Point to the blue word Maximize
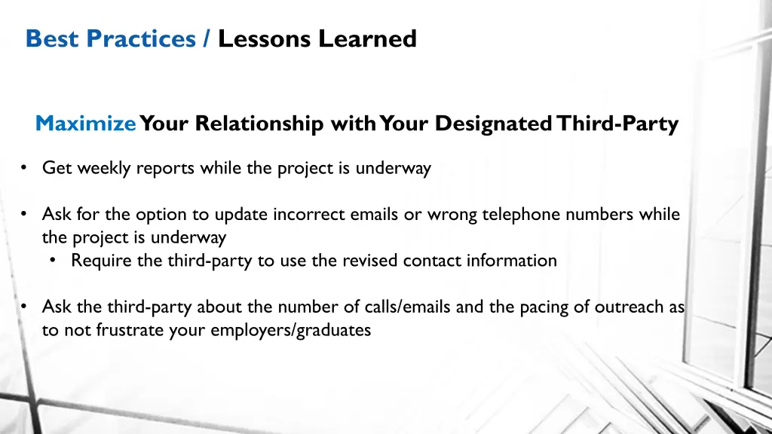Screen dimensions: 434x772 (x=86, y=124)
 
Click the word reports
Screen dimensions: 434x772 (x=166, y=168)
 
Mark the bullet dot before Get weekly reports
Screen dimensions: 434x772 (x=26, y=168)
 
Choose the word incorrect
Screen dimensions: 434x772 (x=308, y=215)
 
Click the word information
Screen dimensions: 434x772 (x=513, y=261)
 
